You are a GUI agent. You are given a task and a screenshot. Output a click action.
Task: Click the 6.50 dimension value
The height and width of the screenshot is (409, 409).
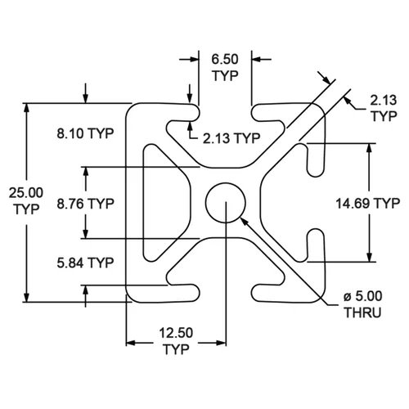click(225, 59)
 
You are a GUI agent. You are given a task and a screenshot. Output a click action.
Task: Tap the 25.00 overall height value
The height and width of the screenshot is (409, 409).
click(26, 193)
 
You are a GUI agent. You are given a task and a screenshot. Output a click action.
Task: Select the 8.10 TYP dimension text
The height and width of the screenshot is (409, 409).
click(85, 133)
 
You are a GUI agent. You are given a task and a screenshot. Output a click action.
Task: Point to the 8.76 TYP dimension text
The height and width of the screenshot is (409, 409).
click(85, 204)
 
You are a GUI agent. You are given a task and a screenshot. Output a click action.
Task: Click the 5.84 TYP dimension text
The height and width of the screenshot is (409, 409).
click(85, 263)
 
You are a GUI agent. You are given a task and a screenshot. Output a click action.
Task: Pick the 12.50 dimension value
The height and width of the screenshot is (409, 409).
click(176, 333)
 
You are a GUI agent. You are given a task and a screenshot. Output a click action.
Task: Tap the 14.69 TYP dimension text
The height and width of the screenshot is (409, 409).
click(368, 204)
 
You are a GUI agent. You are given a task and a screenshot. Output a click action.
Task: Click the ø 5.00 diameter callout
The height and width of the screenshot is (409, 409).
click(363, 296)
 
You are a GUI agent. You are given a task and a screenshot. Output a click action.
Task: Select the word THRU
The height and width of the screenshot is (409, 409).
click(362, 312)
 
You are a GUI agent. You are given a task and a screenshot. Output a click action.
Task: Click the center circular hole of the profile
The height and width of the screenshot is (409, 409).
click(226, 182)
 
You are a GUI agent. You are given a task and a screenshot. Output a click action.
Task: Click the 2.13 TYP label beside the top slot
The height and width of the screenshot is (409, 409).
click(231, 138)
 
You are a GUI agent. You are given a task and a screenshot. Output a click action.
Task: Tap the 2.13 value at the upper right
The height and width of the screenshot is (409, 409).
click(383, 101)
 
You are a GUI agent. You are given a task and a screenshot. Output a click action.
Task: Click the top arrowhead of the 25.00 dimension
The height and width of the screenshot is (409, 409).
click(26, 108)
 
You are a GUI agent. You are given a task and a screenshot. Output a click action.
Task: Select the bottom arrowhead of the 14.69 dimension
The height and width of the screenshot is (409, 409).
click(369, 257)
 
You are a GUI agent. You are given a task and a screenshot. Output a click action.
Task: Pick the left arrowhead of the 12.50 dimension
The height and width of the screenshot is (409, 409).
click(131, 343)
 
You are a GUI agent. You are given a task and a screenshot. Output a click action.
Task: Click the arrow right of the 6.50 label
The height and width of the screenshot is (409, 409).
click(262, 59)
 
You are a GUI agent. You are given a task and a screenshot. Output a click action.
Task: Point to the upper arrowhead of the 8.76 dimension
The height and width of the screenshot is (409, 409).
click(86, 172)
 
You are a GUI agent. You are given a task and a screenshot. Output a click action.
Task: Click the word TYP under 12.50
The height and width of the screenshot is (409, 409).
click(176, 349)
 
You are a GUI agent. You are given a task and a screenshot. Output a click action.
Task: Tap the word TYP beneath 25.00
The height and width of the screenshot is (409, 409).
click(26, 209)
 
